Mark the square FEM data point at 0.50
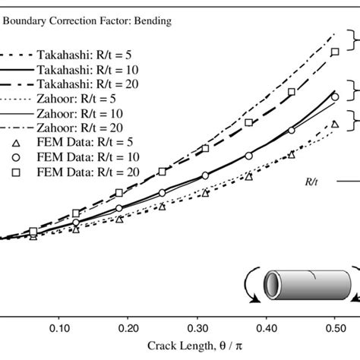pos(335,52)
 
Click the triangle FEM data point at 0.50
pos(335,123)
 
